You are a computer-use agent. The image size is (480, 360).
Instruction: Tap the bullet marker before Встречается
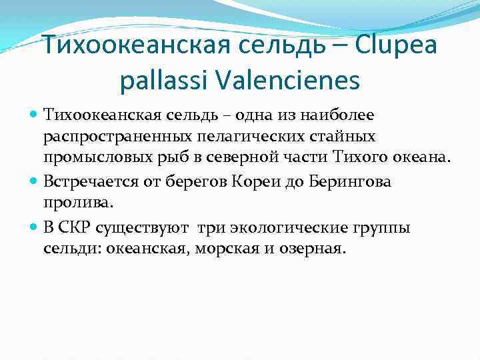(x=35, y=181)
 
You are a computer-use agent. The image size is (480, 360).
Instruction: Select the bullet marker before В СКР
(x=35, y=227)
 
